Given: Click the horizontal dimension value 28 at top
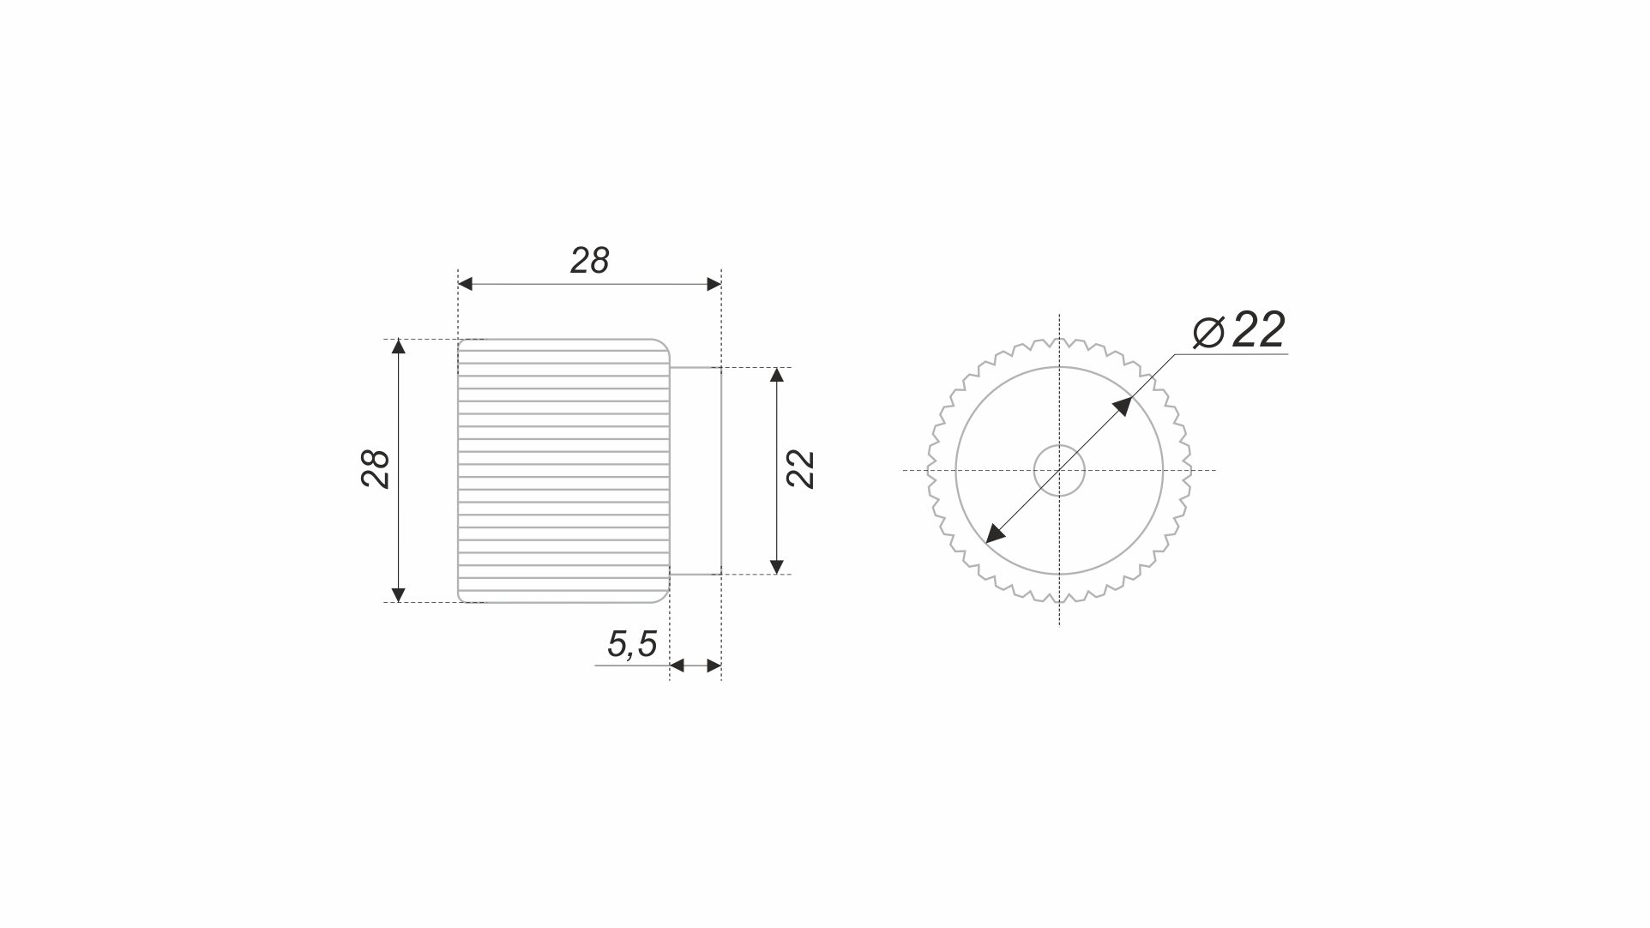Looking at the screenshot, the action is coord(590,261).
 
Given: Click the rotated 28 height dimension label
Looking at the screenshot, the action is coord(376,469).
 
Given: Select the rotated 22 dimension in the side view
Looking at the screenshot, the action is coord(800,469).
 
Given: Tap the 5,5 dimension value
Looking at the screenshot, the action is coord(632,644).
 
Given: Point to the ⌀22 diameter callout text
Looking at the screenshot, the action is coord(1240,330).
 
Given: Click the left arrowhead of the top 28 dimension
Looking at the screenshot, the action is coord(466,284).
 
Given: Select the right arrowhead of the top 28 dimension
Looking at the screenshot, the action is coord(714,284).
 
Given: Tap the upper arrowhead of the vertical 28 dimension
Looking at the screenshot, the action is coord(398,346).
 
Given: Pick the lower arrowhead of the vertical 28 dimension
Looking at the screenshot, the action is coord(398,595).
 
